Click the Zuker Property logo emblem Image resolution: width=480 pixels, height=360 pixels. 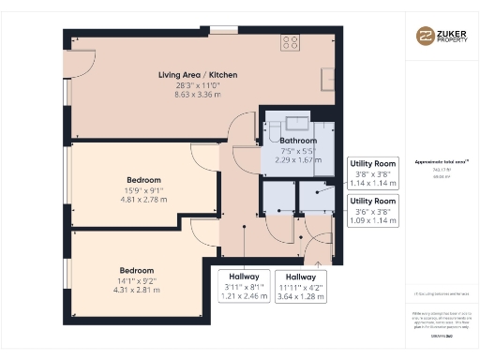426,36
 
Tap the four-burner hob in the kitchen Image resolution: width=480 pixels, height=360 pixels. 291,42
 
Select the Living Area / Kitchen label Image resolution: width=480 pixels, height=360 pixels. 198,74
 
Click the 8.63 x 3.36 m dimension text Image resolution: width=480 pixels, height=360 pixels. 198,95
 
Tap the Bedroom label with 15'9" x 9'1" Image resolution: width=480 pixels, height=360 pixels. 144,179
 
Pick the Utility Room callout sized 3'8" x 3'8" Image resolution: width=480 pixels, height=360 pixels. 373,172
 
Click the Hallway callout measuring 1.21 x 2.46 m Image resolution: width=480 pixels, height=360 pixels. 244,287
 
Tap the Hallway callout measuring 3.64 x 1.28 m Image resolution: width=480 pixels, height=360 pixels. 301,287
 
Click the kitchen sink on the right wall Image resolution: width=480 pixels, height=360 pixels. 327,77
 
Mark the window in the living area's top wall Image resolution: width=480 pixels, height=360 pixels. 223,31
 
